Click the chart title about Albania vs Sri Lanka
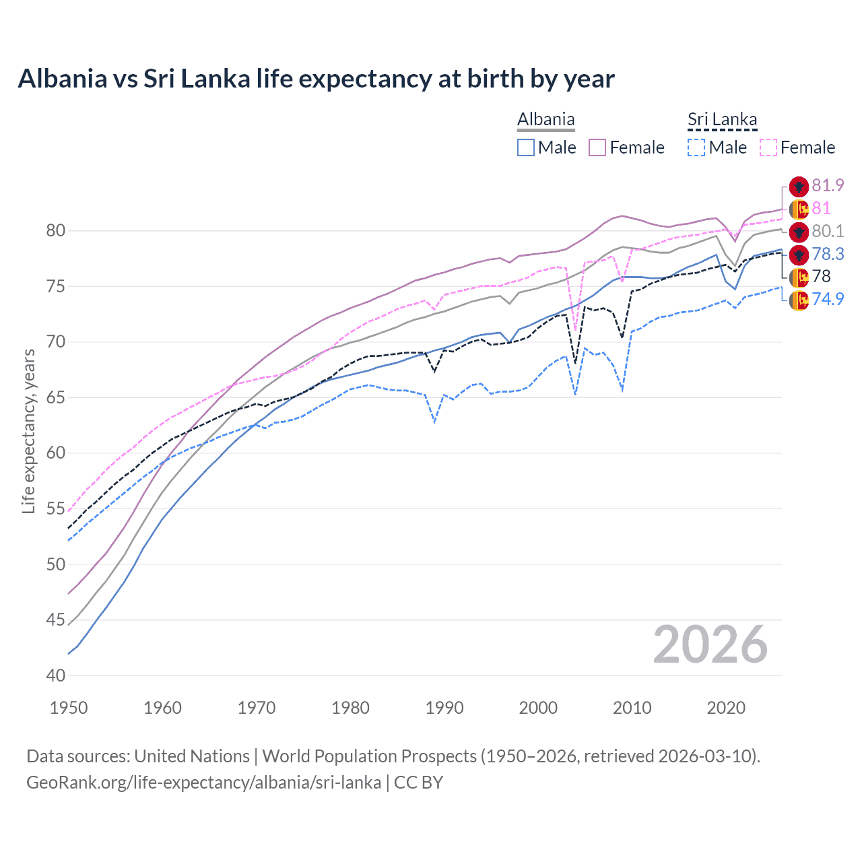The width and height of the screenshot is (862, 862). [316, 79]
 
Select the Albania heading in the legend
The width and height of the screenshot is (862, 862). [545, 120]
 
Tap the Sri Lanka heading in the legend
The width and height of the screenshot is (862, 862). [722, 120]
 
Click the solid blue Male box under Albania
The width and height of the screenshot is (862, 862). [526, 147]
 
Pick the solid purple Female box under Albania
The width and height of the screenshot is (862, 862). [597, 147]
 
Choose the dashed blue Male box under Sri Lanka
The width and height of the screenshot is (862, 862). [696, 147]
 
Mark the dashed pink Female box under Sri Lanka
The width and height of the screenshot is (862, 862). [768, 147]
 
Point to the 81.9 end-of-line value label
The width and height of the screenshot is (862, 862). [828, 185]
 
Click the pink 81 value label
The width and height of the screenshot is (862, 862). [821, 208]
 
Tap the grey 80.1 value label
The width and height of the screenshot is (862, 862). [828, 231]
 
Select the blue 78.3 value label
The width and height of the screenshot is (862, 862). [828, 254]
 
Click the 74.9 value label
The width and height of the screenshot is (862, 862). [828, 299]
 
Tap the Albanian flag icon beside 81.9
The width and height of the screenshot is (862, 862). [799, 187]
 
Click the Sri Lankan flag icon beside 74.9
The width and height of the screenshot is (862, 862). [799, 300]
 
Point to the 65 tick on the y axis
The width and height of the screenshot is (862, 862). [55, 397]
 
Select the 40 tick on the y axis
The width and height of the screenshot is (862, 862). [55, 675]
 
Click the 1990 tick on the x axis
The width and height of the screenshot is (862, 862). [444, 708]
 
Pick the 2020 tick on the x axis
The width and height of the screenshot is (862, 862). [726, 708]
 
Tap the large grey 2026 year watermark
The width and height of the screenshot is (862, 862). [710, 644]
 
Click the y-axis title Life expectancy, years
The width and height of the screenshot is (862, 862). [29, 431]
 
